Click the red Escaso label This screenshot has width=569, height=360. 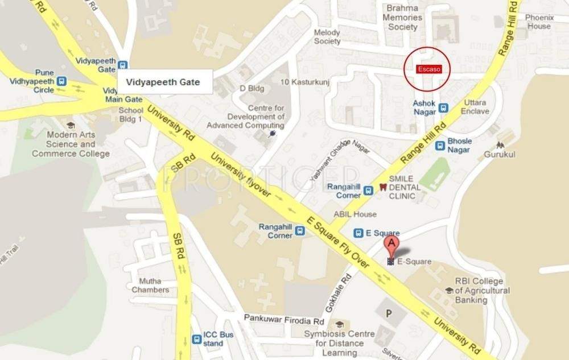426,69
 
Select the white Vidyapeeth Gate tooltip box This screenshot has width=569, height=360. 164,82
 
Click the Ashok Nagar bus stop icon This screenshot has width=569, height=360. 444,107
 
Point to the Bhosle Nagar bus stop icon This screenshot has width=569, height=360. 440,146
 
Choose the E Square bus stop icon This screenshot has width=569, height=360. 358,233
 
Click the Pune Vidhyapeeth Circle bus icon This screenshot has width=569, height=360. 62,81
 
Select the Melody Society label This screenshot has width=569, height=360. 327,37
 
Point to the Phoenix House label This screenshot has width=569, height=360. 538,22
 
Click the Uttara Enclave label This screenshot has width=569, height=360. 475,107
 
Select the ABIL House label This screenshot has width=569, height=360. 355,214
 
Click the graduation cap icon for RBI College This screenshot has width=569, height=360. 448,291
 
